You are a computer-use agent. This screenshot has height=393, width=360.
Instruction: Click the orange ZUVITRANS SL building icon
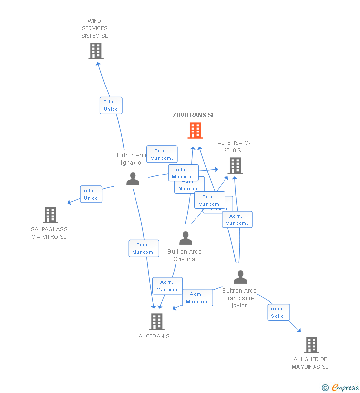(x=195, y=131)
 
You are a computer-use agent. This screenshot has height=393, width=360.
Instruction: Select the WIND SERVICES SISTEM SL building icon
(x=96, y=50)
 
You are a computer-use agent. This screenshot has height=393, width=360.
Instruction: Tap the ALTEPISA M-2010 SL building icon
(x=235, y=166)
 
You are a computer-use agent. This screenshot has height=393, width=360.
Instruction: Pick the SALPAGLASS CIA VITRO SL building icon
(x=50, y=215)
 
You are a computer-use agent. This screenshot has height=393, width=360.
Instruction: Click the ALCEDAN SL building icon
(x=156, y=322)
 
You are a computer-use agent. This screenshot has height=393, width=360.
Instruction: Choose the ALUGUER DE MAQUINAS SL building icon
(x=311, y=345)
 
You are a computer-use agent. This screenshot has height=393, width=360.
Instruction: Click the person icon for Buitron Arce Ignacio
(x=133, y=179)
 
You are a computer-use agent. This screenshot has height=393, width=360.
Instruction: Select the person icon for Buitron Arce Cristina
(x=185, y=238)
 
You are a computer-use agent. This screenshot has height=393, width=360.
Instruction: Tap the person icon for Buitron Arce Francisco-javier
(x=240, y=277)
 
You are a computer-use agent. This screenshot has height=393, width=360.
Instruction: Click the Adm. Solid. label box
(x=279, y=312)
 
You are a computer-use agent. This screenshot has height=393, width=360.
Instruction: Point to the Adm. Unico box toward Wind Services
(x=111, y=105)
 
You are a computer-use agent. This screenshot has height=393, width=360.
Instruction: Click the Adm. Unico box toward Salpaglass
(x=91, y=194)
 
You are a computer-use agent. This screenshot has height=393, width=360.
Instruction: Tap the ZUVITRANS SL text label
(x=194, y=115)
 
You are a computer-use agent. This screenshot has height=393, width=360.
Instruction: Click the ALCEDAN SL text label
(x=156, y=336)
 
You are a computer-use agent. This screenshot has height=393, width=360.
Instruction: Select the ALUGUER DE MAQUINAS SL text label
(x=310, y=363)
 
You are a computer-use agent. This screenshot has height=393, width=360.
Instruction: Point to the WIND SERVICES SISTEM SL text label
(x=94, y=28)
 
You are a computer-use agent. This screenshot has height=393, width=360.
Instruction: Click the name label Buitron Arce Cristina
(x=184, y=255)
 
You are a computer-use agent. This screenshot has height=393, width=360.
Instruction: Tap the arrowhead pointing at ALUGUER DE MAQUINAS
(x=298, y=329)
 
